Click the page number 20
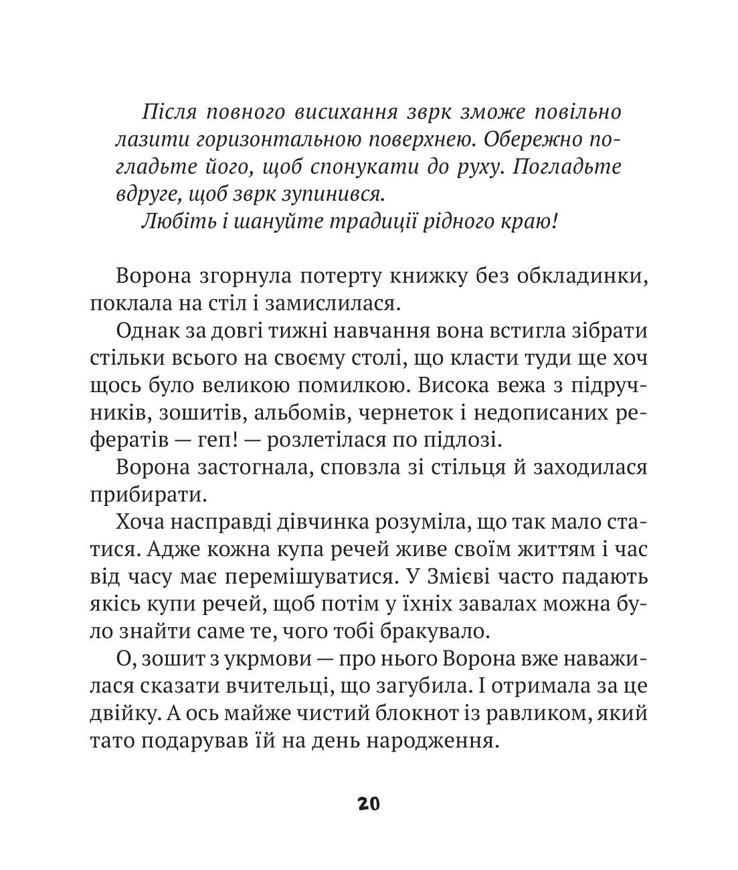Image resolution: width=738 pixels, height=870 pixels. (369, 804)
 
